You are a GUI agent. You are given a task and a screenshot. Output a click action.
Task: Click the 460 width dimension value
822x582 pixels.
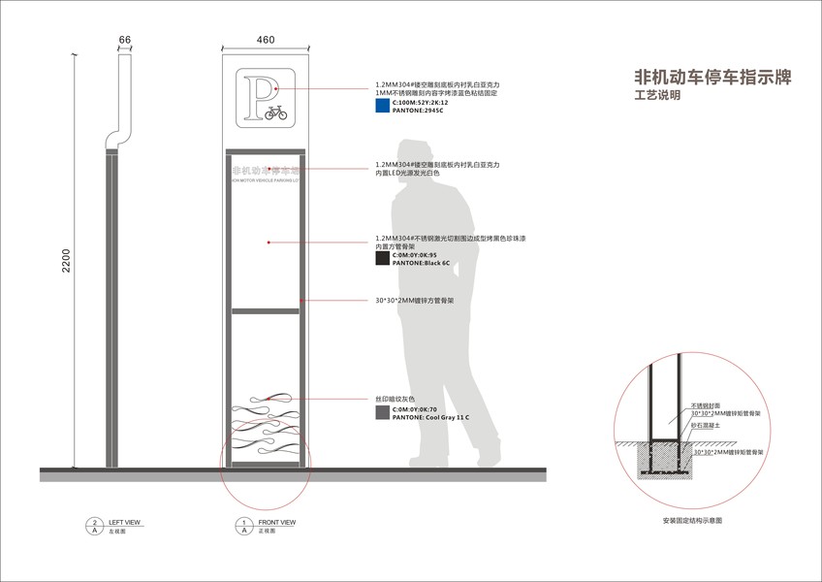point(266,40)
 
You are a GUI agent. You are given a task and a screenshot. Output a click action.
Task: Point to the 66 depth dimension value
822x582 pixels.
point(124,40)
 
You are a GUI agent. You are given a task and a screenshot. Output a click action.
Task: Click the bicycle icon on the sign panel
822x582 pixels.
point(274,113)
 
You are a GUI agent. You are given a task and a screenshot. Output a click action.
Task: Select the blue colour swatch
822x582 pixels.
point(381,108)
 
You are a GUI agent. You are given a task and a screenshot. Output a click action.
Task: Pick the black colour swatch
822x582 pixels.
point(381,259)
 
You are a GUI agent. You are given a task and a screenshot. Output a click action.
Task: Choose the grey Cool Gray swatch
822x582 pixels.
point(381,413)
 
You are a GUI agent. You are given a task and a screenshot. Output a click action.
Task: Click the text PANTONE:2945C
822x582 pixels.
point(417,112)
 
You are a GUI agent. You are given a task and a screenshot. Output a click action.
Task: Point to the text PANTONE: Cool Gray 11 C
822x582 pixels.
point(430,417)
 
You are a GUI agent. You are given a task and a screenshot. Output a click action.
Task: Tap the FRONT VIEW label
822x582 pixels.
point(276,523)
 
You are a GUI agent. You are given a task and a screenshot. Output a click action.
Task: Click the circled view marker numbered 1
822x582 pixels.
point(242,523)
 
